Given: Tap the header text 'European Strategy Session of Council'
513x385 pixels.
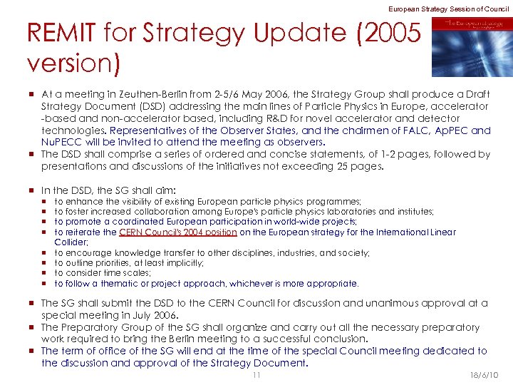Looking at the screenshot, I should pos(449,8).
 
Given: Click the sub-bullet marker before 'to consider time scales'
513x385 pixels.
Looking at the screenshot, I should pos(44,273).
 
